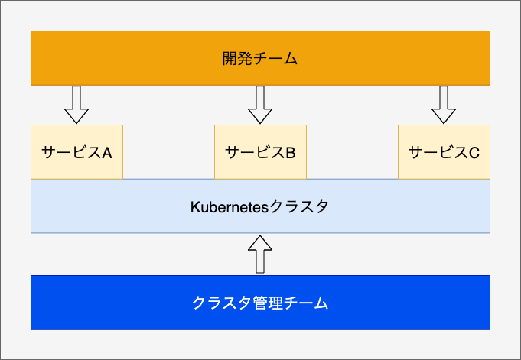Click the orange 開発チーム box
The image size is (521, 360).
point(260,58)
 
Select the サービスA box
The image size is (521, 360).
point(77,152)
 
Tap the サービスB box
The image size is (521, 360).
point(260,152)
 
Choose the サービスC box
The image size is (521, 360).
point(444,152)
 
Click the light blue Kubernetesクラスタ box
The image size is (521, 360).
point(260,206)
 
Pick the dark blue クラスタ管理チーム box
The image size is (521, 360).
point(260,303)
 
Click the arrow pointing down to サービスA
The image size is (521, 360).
point(77,105)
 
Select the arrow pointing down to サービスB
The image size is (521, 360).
point(260,105)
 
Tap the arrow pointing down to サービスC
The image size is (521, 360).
point(444,105)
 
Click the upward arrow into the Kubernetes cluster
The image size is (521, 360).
point(260,255)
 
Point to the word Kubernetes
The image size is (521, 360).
point(230,207)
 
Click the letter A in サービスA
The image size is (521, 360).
point(106,153)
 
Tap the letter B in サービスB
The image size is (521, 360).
point(291,153)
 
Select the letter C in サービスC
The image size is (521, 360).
point(474,153)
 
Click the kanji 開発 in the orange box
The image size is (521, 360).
point(237,58)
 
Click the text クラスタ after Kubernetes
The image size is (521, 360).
point(298,206)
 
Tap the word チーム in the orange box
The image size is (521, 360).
point(275,58)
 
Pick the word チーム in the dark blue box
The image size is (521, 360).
point(306,303)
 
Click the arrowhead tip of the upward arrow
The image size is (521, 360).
point(260,235)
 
